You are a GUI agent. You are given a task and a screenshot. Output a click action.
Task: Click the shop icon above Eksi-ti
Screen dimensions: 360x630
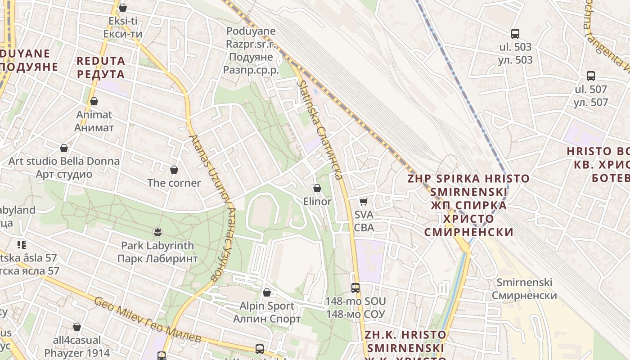(x=122, y=8)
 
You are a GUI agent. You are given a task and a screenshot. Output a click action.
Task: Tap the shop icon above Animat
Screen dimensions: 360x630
(x=94, y=102)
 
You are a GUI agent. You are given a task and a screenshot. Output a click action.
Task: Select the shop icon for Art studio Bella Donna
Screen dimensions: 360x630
(x=64, y=148)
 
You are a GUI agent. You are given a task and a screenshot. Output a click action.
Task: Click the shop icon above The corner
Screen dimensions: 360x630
(x=174, y=170)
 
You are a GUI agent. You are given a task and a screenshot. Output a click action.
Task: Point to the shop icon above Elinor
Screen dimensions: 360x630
(x=317, y=188)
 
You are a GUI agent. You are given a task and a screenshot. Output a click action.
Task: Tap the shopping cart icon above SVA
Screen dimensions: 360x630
(x=364, y=202)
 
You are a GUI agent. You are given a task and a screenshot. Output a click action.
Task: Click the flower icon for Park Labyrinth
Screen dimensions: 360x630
(x=157, y=232)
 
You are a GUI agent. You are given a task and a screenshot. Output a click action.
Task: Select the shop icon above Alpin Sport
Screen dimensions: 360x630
(x=267, y=292)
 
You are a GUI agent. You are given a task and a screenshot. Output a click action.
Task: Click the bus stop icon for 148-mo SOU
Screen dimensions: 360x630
(x=355, y=288)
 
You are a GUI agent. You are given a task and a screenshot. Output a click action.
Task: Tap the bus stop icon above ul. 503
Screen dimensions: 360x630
(x=515, y=33)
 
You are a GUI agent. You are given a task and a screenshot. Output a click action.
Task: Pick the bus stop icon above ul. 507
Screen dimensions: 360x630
(x=591, y=76)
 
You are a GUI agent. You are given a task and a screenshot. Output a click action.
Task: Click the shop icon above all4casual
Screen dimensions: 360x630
(x=77, y=327)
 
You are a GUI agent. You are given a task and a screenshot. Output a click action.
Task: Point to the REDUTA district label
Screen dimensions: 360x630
(x=100, y=67)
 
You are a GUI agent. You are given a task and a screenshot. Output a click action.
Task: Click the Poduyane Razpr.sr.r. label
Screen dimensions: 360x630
(x=251, y=50)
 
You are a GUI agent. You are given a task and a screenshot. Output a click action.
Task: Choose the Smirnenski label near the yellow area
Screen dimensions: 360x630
(x=524, y=289)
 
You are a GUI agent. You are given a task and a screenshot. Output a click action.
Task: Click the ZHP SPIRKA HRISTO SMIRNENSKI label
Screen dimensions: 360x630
(x=468, y=205)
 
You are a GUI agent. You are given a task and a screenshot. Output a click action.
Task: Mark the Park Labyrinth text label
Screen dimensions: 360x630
(x=157, y=252)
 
